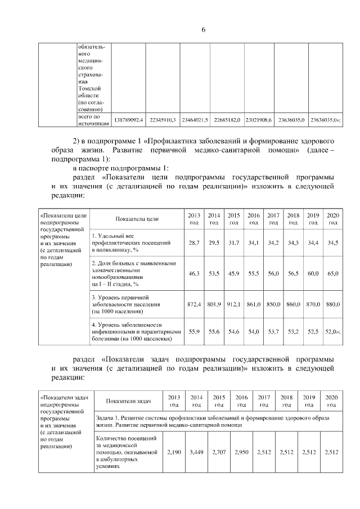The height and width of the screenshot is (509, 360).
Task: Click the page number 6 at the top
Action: pos(203,30)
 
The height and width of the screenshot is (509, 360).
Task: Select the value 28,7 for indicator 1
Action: pos(194,242)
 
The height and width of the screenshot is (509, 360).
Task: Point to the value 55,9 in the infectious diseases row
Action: pos(194,332)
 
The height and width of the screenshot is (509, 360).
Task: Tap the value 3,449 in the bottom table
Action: pos(196,451)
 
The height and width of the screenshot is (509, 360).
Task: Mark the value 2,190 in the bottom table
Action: pos(174,451)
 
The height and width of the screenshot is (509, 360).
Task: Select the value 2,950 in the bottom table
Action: pos(241,451)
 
